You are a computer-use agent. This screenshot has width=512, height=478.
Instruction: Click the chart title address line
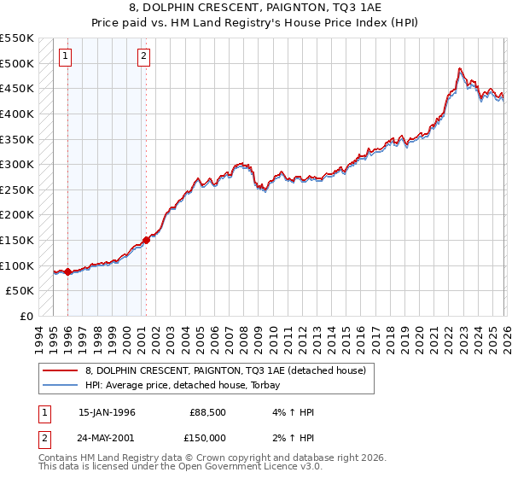(x=255, y=9)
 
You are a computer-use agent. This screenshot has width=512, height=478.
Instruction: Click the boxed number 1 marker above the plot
(x=67, y=57)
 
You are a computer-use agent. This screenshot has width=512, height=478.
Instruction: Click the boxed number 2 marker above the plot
(x=143, y=57)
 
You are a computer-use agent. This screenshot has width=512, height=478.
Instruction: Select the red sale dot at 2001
(x=146, y=241)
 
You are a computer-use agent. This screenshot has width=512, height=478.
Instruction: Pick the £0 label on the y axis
(x=26, y=316)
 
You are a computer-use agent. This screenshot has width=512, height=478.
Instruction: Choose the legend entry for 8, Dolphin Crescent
(x=225, y=370)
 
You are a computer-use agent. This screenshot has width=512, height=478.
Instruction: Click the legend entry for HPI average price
(x=187, y=385)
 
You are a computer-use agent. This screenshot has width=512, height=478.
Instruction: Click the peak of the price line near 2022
(x=460, y=68)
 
